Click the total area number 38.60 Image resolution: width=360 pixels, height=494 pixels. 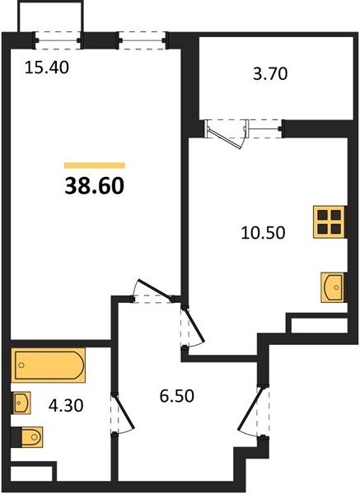(95, 186)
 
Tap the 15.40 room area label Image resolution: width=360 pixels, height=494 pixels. (47, 68)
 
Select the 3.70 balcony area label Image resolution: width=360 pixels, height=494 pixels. (270, 74)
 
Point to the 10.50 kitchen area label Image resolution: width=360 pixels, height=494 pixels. (264, 233)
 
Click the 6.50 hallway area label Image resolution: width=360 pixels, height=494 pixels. (177, 396)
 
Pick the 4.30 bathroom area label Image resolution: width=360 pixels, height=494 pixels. (66, 405)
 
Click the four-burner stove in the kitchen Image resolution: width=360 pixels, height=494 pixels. (330, 221)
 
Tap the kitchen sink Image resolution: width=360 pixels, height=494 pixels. (334, 287)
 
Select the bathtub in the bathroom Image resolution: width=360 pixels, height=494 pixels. (49, 365)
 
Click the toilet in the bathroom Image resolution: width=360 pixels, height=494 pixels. (29, 437)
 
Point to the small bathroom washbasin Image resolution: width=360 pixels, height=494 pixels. (21, 403)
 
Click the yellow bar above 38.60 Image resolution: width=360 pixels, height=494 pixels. (95, 165)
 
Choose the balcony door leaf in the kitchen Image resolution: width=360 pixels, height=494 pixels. (225, 136)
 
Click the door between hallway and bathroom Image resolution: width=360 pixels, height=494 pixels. (124, 413)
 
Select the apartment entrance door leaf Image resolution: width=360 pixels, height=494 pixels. (250, 408)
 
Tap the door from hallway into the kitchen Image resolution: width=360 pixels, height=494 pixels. (194, 325)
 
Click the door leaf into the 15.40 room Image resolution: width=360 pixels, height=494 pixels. (155, 289)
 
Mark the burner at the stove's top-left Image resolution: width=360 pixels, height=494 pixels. (323, 215)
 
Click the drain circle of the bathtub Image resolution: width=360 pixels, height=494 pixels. (21, 365)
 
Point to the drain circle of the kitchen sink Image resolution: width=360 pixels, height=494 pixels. (336, 287)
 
